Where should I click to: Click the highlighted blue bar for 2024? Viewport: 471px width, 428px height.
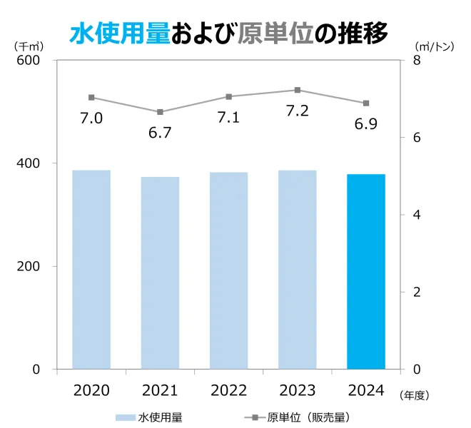[x=366, y=271]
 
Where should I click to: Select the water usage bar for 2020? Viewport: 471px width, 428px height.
[x=91, y=269]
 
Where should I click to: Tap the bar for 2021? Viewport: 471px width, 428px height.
[x=160, y=272]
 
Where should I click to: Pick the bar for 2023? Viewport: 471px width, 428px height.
[x=298, y=269]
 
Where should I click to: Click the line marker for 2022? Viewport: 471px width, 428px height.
[x=229, y=96]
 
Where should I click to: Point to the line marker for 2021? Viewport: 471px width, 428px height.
[x=160, y=112]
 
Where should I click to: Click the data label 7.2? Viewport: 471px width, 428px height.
[x=297, y=111]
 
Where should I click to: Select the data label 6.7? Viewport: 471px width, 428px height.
[x=160, y=133]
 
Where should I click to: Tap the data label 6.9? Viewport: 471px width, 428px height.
[x=366, y=124]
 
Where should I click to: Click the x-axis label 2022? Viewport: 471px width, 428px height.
[x=229, y=390]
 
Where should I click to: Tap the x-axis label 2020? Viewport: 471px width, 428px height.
[x=91, y=390]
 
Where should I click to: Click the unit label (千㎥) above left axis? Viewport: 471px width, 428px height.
[x=27, y=45]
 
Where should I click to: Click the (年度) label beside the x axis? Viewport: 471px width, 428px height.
[x=415, y=393]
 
